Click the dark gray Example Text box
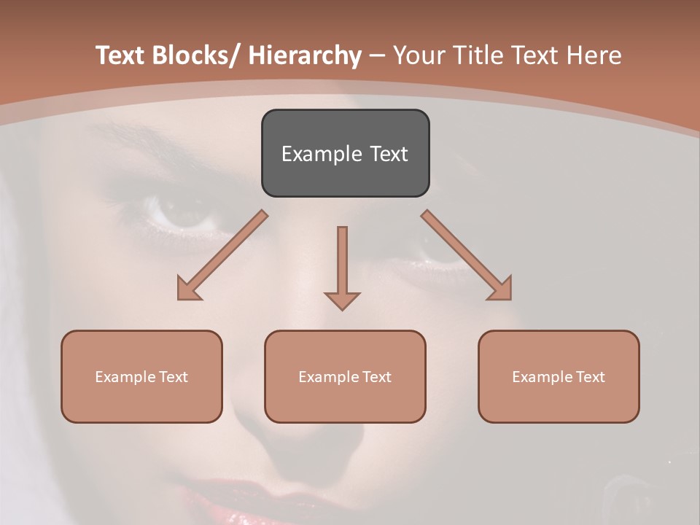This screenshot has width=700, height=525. [x=345, y=153]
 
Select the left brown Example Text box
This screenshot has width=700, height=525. [x=141, y=376]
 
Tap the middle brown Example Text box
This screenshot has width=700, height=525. [x=345, y=376]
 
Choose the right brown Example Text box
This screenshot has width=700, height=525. [x=559, y=376]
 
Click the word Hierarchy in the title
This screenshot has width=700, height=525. [x=305, y=55]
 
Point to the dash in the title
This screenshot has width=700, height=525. [x=377, y=55]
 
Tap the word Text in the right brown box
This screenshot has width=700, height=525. [x=590, y=377]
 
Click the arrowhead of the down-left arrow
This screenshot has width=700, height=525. [x=188, y=289]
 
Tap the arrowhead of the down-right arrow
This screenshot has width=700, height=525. [x=501, y=289]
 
